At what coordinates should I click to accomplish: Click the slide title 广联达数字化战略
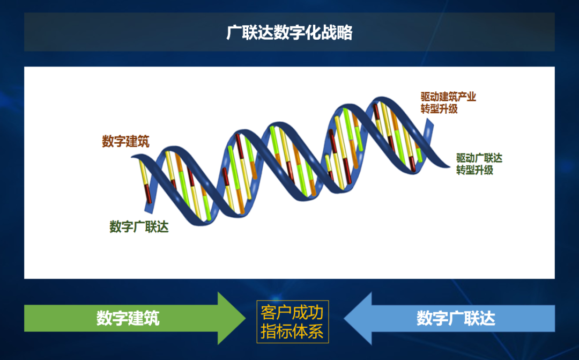tap(289, 33)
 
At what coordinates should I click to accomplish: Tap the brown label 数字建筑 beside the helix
tap(125, 141)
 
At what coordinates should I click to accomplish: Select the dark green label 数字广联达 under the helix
tap(139, 226)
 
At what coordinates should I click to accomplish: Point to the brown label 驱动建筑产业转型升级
tap(448, 103)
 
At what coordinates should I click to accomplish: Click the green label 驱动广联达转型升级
tap(479, 164)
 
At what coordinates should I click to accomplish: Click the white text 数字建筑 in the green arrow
tap(128, 318)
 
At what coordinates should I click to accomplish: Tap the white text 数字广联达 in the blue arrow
tap(456, 318)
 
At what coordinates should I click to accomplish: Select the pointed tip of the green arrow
tap(246, 318)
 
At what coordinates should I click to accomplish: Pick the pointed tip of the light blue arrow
tap(344, 318)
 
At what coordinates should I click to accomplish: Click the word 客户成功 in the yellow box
tap(292, 313)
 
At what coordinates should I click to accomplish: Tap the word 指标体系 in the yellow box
tap(292, 331)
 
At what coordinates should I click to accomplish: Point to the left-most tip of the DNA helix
tap(131, 157)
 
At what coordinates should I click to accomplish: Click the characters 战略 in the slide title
tap(337, 33)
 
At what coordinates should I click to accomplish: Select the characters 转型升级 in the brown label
tap(439, 109)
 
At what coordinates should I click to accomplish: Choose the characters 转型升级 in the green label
tap(474, 171)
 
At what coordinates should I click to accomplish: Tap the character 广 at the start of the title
tap(234, 33)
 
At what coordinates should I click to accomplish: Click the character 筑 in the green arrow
tap(151, 318)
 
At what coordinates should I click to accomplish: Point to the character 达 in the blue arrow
tap(487, 318)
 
